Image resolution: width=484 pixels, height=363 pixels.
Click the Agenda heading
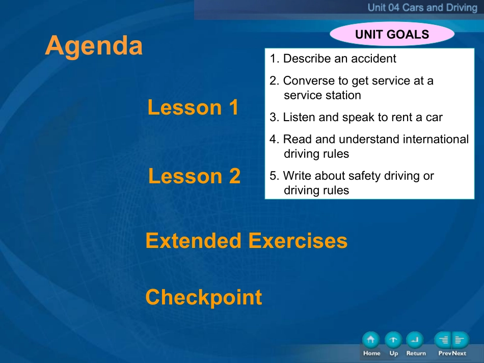point(94,46)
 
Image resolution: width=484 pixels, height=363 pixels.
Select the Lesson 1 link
point(193,107)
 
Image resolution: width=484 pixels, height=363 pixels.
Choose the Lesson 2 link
point(194,176)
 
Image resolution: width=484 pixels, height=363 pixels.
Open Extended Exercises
point(246,241)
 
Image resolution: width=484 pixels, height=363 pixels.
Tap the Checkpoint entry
point(204,297)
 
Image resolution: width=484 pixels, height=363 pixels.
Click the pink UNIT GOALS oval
point(392,34)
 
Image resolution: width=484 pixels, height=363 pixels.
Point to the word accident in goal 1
point(373,58)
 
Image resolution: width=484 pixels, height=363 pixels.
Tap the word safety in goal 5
point(353,176)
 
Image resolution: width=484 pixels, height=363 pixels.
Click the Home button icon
point(371,340)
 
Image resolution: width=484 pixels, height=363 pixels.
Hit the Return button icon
point(415,340)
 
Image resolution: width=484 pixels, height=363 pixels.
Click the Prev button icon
point(443,340)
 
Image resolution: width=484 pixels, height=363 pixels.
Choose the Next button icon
point(461,340)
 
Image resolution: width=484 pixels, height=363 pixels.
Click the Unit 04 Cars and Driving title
point(422,8)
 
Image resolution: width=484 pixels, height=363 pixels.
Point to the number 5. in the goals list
point(274,176)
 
